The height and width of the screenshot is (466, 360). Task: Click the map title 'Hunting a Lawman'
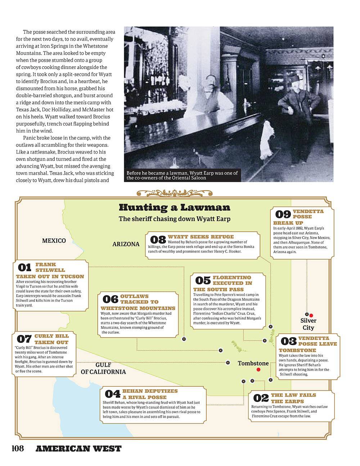pos(174,207)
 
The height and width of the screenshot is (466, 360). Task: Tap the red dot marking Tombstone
pos(258,370)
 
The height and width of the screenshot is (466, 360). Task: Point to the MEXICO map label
pos(54,241)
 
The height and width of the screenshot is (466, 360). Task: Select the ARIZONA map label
pos(126,244)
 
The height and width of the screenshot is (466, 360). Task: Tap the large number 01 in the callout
pos(24,268)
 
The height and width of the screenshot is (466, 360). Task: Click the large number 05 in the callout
pos(203,280)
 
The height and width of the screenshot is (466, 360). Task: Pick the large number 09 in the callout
pos(283,215)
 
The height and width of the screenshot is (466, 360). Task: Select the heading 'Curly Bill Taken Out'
pos(51,339)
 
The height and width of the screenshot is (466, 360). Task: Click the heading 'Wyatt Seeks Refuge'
pos(201,237)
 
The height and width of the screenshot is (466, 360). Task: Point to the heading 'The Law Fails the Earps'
pos(293,398)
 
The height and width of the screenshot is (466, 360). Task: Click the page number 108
pos(18,449)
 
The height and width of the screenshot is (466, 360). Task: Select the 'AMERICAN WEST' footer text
pos(78,449)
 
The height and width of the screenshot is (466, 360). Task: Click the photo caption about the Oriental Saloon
pos(182,175)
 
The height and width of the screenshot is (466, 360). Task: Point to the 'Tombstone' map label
pos(253,363)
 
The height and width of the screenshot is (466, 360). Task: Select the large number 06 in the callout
pos(110,299)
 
